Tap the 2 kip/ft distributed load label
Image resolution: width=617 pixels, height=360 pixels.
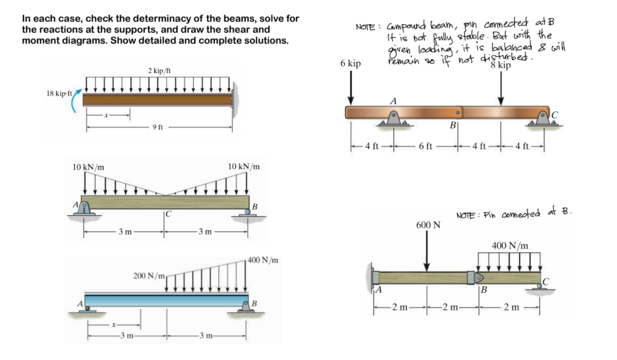160,71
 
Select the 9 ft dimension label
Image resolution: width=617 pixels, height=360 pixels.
158,127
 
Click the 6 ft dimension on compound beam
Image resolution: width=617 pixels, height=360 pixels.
426,147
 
